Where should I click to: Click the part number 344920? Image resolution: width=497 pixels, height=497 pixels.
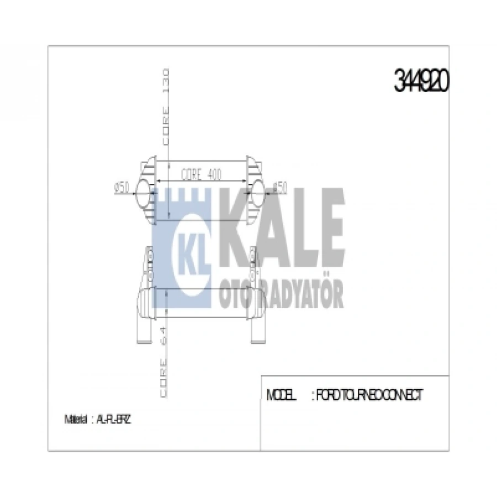pos(422,82)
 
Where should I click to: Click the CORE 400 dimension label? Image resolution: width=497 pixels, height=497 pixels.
pos(201,175)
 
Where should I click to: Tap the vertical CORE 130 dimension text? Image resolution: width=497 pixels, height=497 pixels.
pos(166,107)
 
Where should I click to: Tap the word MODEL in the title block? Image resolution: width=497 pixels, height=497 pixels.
pos(282,395)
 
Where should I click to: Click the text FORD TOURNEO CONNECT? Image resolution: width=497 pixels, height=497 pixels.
pos(369,395)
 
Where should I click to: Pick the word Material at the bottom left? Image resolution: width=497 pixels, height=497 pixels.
pos(76,420)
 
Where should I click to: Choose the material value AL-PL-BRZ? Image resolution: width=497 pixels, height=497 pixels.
pos(113,420)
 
